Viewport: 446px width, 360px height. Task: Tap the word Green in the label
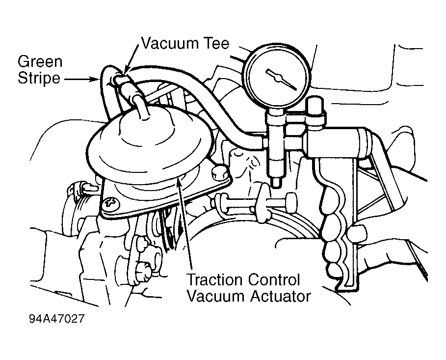point(40,61)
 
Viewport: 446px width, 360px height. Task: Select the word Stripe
point(39,78)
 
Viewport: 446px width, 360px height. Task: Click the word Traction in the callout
point(215,279)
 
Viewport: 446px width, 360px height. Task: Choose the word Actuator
point(281,297)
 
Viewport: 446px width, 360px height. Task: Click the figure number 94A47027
point(57,319)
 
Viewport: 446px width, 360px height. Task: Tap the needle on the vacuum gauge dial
point(280,78)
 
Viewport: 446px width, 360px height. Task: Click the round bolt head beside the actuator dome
point(218,171)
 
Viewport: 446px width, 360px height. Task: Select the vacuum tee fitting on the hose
point(122,80)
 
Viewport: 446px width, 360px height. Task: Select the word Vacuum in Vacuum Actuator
point(216,297)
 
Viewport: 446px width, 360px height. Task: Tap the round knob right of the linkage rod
point(291,202)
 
